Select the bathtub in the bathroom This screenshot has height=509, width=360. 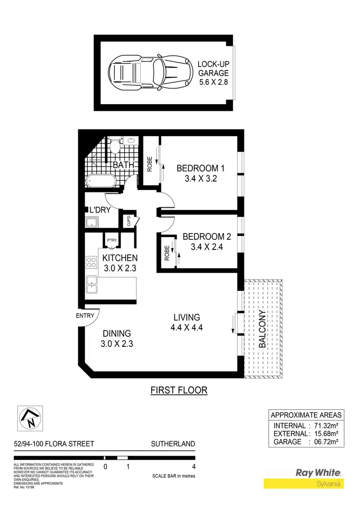point(101,181)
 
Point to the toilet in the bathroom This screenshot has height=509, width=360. point(114,145)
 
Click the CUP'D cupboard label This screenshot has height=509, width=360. point(129,221)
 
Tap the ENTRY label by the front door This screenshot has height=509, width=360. point(84,316)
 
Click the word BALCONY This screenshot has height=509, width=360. point(262,329)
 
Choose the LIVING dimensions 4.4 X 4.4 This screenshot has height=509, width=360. point(187,328)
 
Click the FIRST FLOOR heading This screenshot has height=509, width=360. point(179,390)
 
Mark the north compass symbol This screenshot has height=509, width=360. point(30,418)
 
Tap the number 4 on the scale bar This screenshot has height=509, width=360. point(194,466)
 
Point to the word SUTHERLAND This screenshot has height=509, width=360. point(173,444)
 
